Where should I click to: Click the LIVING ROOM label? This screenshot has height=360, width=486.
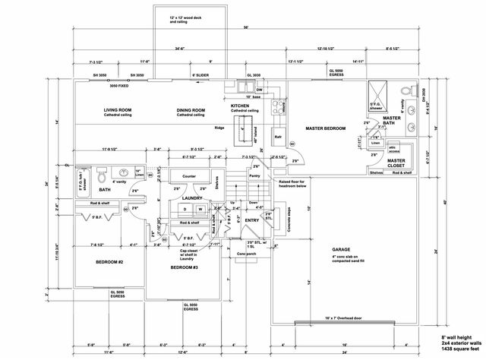coord(118,110)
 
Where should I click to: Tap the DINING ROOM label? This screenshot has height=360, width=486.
coord(190,111)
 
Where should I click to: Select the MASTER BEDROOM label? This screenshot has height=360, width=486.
coord(325,129)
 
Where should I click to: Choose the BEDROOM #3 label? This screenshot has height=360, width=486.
coord(185,268)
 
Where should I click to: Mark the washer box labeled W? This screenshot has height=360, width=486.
coord(200,208)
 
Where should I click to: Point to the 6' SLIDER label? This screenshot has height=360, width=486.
coord(200,76)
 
